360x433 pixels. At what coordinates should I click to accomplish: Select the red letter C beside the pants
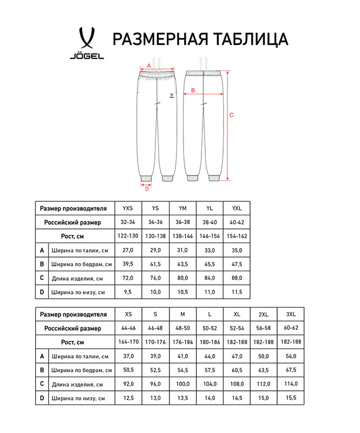tap(232, 114)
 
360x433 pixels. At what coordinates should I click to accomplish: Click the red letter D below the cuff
tap(146, 188)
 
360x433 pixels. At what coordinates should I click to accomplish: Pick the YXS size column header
tap(128, 208)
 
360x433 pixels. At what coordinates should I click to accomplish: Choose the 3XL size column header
tap(291, 314)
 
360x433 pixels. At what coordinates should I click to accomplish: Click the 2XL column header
tap(264, 314)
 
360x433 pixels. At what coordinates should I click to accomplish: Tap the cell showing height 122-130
tap(128, 236)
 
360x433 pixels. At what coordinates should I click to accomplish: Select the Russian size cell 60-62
tap(291, 328)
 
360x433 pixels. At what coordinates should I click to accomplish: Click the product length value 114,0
tap(291, 384)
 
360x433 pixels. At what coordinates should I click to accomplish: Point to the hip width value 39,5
tap(128, 264)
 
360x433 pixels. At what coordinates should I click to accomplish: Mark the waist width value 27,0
tap(128, 250)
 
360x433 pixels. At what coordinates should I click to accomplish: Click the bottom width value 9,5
tap(128, 292)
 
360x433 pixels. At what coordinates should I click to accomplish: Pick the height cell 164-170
tap(128, 342)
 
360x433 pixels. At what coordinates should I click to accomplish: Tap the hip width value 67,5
tap(291, 370)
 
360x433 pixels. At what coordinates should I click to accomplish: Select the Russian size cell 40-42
tap(237, 222)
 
